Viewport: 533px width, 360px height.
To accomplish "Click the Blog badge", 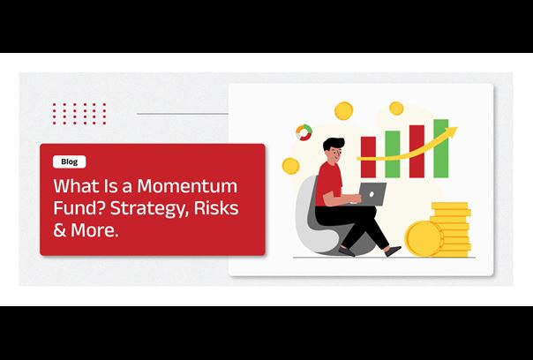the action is pyautogui.click(x=70, y=161).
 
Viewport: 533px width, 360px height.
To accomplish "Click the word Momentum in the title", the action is pyautogui.click(x=187, y=186).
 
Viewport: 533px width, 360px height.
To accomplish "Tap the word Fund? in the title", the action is pyautogui.click(x=79, y=207).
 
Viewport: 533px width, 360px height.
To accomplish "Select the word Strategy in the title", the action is pyautogui.click(x=150, y=209).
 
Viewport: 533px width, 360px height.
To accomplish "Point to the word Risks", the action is pyautogui.click(x=216, y=207).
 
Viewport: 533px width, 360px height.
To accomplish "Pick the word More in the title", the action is pyautogui.click(x=94, y=230).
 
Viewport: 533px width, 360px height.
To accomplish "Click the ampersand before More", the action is pyautogui.click(x=59, y=230).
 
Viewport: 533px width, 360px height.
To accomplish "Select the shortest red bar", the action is pyautogui.click(x=368, y=157).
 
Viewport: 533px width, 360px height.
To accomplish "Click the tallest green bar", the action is pyautogui.click(x=441, y=148).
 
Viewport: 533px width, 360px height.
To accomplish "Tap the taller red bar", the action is pyautogui.click(x=417, y=151).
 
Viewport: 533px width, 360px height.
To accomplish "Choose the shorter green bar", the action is pyautogui.click(x=393, y=154).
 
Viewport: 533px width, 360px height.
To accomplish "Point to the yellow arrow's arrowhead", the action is pyautogui.click(x=453, y=131).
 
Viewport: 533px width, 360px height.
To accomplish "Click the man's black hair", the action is pyautogui.click(x=334, y=144).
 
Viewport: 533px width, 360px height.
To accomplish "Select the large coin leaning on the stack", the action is pyautogui.click(x=424, y=238).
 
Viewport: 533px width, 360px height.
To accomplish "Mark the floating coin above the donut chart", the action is pyautogui.click(x=343, y=111).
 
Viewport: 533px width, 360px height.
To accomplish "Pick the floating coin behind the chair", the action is pyautogui.click(x=291, y=166).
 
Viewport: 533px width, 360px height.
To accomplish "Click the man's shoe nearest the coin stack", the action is pyautogui.click(x=394, y=251).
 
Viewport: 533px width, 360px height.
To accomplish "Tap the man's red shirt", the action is pyautogui.click(x=327, y=184).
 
